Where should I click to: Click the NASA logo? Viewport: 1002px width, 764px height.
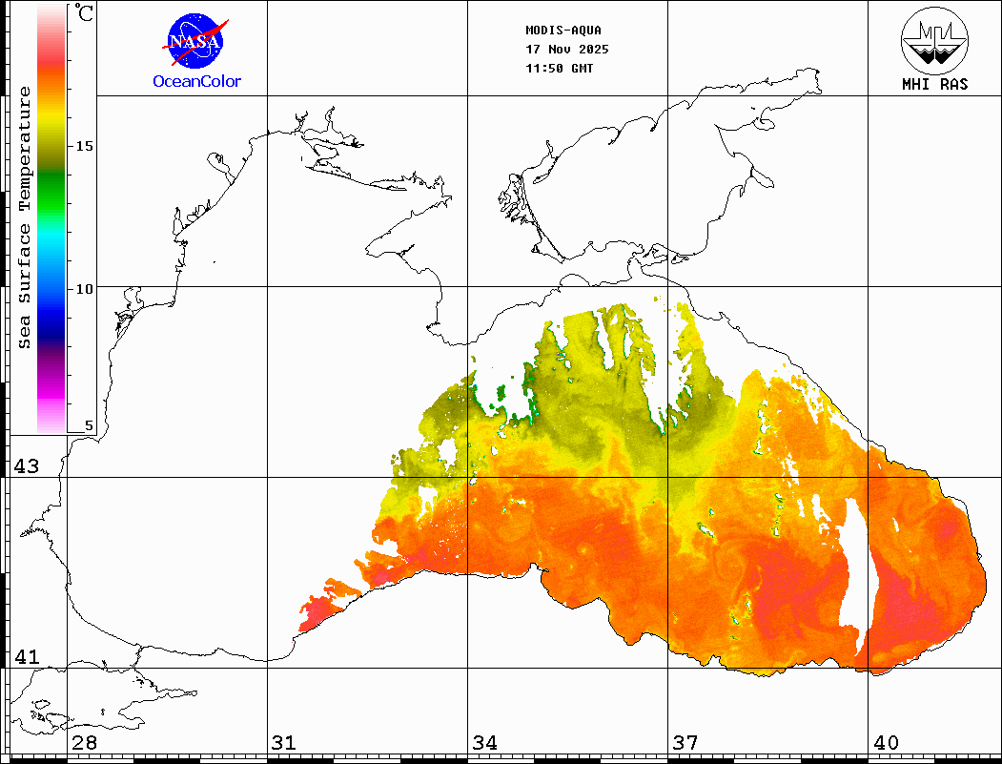(x=195, y=41)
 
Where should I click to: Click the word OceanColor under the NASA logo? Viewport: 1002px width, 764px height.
(x=197, y=82)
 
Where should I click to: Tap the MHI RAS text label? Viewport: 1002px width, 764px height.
(x=934, y=84)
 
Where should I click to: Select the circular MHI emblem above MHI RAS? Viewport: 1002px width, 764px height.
(x=934, y=39)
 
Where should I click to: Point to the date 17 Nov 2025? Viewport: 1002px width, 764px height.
(x=567, y=50)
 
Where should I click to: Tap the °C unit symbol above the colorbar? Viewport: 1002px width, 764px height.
(x=85, y=13)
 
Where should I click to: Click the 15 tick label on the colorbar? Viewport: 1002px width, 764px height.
(x=85, y=146)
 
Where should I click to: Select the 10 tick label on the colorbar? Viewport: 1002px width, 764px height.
(x=85, y=288)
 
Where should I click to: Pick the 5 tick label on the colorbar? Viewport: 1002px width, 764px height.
(x=90, y=426)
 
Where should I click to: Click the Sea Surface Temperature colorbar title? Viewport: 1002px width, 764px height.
(x=26, y=217)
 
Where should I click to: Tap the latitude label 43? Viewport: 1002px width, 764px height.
(x=26, y=466)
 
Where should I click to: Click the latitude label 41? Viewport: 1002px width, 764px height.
(x=26, y=657)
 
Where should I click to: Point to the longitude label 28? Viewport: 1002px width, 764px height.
(x=84, y=743)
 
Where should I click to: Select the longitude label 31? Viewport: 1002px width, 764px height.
(x=283, y=743)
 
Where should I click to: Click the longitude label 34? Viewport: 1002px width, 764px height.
(x=484, y=743)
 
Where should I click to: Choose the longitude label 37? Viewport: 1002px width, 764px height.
(x=685, y=743)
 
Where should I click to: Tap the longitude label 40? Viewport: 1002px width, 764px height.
(x=886, y=743)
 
